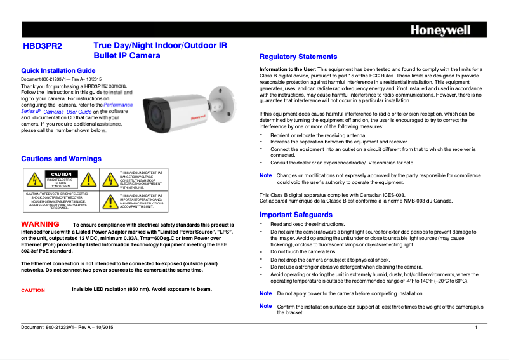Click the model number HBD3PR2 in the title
(43, 46)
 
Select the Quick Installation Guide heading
(58, 70)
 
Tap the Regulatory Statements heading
(298, 57)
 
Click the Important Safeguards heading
(296, 215)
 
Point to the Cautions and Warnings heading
(61, 159)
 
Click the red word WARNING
(41, 225)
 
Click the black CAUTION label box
(62, 174)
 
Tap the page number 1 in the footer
(476, 326)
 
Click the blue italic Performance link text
(118, 105)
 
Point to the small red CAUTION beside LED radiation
(33, 290)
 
